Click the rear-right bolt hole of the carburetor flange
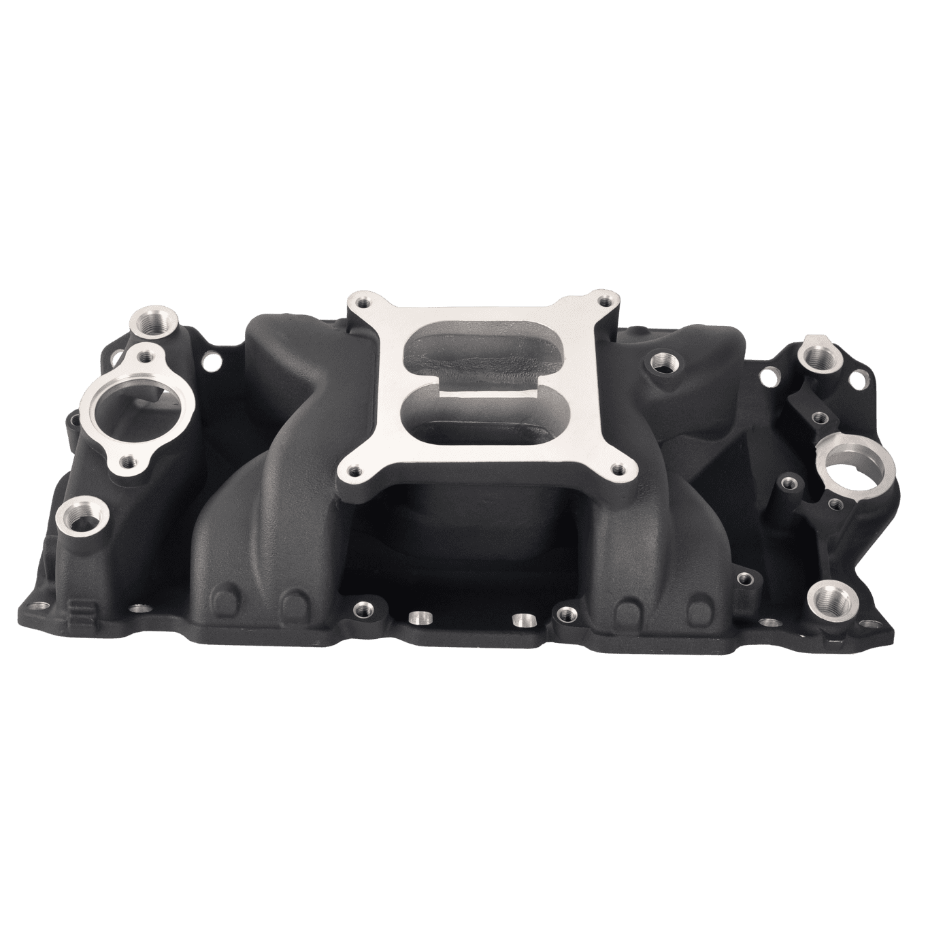[x=604, y=299]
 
